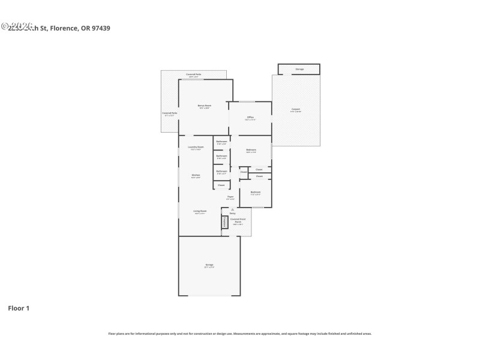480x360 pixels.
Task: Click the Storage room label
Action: (299, 69)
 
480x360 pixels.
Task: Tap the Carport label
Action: (295, 110)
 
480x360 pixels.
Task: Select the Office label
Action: (250, 118)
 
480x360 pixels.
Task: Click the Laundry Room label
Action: (196, 147)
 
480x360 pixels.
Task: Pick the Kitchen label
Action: (196, 175)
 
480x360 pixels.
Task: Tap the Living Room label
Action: (200, 211)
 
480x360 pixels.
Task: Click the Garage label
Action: (209, 265)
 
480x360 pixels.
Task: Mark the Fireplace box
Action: (225, 221)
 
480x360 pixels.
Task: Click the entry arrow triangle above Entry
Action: (232, 209)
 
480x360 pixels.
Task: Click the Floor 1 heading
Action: (18, 308)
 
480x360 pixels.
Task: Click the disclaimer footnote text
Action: (239, 334)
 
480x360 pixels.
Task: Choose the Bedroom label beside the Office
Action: (251, 150)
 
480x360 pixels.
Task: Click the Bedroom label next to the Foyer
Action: (255, 193)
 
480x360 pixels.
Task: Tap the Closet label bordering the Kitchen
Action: (221, 185)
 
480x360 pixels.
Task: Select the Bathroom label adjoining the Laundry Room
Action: (221, 142)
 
